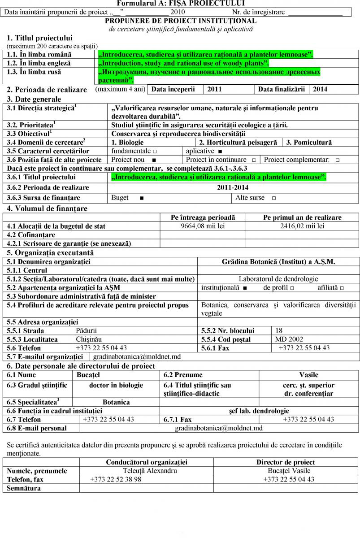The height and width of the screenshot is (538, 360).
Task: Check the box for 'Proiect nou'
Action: pos(154,160)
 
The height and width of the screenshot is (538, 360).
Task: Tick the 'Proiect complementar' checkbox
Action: pos(337,160)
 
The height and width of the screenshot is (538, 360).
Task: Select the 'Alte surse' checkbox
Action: pos(273,198)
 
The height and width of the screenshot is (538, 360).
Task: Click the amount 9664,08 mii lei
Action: pos(203,226)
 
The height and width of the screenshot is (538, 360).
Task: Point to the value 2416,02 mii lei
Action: pos(302,226)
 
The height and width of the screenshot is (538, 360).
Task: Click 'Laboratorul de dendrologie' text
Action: pos(278,279)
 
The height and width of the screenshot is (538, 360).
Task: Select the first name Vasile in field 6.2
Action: pos(308,375)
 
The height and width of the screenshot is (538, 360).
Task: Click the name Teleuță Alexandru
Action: pos(150,471)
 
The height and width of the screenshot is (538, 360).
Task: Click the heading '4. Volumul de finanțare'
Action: pos(47,208)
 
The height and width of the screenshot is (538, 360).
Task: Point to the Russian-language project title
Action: pos(209,76)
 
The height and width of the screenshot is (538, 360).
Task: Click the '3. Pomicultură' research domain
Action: pos(309,143)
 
